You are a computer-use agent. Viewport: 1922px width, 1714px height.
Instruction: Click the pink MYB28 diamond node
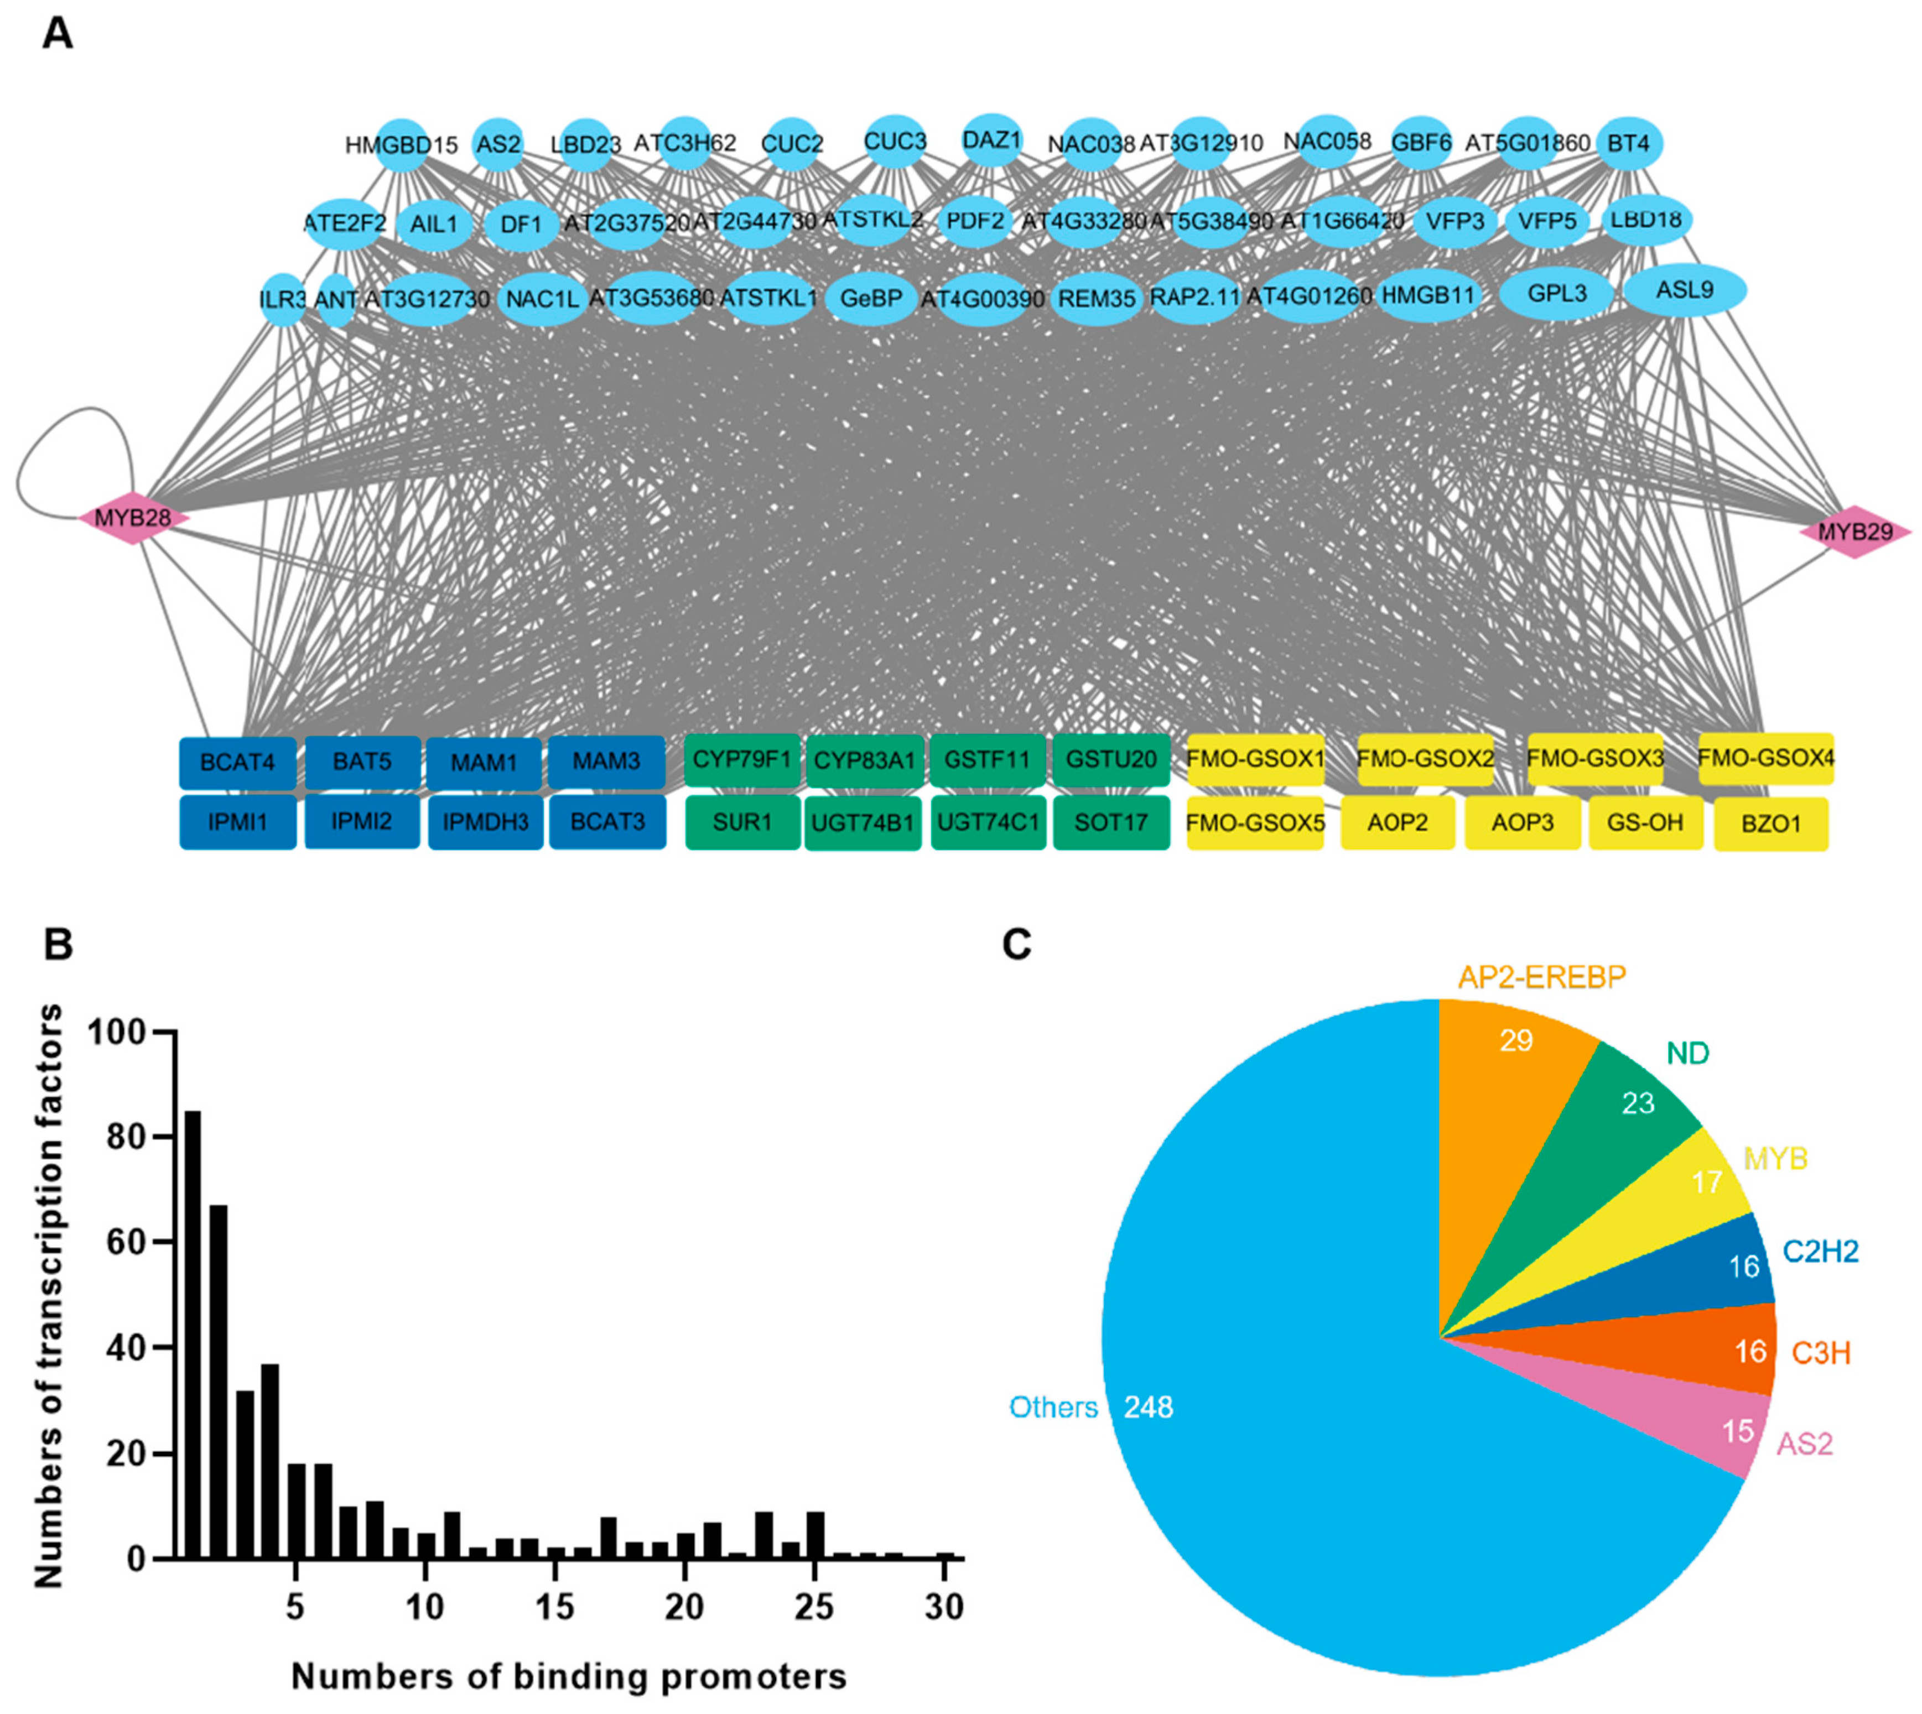tap(133, 518)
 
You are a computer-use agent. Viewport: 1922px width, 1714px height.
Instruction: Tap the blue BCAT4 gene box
tap(237, 762)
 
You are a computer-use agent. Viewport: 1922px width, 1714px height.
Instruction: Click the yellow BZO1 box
tap(1770, 824)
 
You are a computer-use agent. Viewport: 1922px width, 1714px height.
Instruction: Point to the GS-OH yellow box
tap(1645, 822)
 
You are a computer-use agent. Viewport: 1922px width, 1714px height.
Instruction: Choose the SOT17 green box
tap(1111, 822)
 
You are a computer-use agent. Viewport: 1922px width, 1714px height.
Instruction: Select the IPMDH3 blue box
tap(485, 822)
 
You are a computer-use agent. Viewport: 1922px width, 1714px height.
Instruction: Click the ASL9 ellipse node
tap(1685, 290)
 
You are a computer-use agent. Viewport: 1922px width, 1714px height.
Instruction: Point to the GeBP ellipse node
tap(871, 299)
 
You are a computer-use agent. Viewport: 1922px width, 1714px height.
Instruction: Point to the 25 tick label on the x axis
tap(814, 1607)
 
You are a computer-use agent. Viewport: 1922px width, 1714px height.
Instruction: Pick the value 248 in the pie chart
tap(1147, 1407)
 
